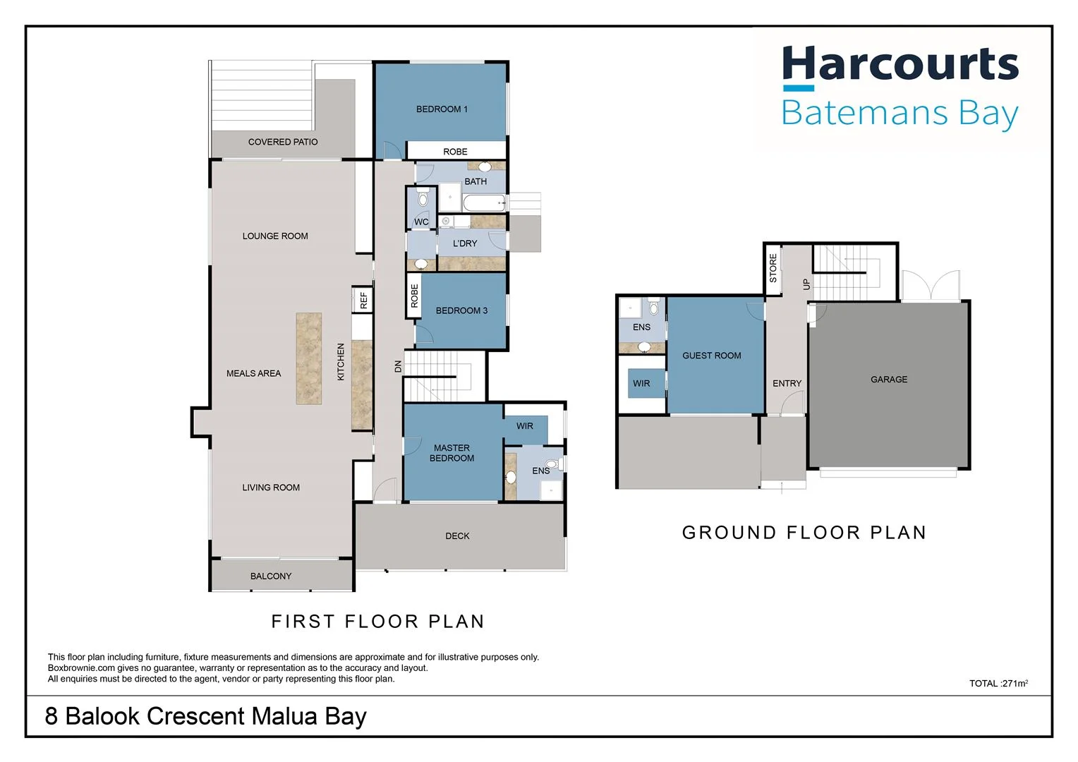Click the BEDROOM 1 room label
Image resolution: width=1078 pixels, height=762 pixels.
[442, 109]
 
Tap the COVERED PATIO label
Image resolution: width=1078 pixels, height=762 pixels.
[283, 142]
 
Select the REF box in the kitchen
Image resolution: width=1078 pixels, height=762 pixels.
[363, 300]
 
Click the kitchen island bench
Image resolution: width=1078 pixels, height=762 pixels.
[308, 358]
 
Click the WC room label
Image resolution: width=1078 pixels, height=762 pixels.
[421, 222]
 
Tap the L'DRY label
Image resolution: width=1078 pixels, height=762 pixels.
[465, 243]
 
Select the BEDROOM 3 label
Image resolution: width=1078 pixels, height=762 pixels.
[461, 310]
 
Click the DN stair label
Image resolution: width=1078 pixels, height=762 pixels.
[398, 366]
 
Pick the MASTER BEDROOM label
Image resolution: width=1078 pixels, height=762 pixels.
[452, 453]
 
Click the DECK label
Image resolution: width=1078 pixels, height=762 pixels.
[457, 536]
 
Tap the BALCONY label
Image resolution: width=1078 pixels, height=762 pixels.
[271, 576]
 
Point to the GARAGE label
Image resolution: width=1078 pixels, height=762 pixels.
[889, 380]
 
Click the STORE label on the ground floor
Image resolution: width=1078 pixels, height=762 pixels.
[773, 269]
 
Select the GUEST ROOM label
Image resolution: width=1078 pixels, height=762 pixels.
[711, 356]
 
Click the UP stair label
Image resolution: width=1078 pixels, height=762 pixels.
[806, 284]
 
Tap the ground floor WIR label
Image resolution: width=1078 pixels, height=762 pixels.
[641, 384]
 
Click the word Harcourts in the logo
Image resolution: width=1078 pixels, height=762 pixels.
[900, 65]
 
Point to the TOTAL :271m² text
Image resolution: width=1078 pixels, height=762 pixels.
[998, 683]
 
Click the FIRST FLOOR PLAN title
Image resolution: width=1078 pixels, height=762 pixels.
[378, 622]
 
